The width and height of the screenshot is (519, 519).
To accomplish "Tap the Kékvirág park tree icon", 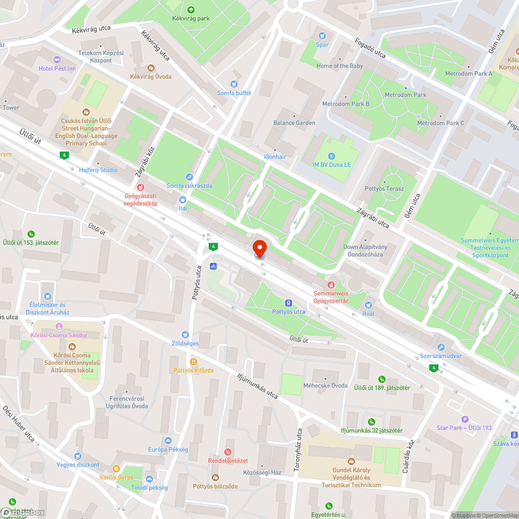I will pyautogui.click(x=190, y=9).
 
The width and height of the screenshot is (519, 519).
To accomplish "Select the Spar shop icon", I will pyautogui.click(x=323, y=35).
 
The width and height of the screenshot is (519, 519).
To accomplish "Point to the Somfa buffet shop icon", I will pyautogui.click(x=234, y=84).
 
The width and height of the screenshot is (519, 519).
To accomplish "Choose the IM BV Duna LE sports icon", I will pyautogui.click(x=332, y=156).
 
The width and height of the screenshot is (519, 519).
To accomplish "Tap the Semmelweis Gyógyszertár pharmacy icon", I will pyautogui.click(x=331, y=284).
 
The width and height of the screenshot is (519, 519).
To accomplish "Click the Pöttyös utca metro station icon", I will pyautogui.click(x=289, y=303).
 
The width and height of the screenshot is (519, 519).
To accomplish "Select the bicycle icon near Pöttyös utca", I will pyautogui.click(x=213, y=266).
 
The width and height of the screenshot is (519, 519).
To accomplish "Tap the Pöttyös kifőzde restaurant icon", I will pyautogui.click(x=194, y=361).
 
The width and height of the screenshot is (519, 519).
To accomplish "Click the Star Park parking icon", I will pyautogui.click(x=465, y=419).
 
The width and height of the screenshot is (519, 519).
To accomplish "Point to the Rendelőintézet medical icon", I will pyautogui.click(x=228, y=452).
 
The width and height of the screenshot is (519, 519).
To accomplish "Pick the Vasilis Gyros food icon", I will pyautogui.click(x=117, y=468).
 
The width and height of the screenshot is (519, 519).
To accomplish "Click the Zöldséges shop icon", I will pyautogui.click(x=185, y=335).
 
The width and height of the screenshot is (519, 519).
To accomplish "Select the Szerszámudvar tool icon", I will pyautogui.click(x=441, y=347).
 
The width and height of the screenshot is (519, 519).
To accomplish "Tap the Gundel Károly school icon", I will pyautogui.click(x=350, y=461).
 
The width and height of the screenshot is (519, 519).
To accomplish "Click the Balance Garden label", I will pyautogui.click(x=294, y=123).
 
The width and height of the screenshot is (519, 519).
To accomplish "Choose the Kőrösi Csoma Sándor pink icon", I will pyautogui.click(x=59, y=326).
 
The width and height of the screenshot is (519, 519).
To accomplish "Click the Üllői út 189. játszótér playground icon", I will pyautogui.click(x=382, y=379).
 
